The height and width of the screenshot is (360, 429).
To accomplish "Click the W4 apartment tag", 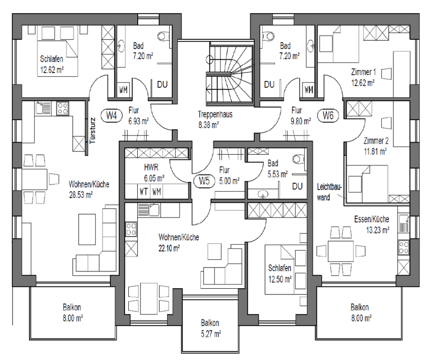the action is (x=111, y=115).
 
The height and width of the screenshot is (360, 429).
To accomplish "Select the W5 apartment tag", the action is (x=204, y=180).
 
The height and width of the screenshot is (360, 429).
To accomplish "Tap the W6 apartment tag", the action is (x=328, y=115).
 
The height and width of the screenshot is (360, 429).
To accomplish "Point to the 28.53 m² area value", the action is (x=81, y=195).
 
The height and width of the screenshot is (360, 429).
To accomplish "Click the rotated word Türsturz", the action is (x=93, y=131).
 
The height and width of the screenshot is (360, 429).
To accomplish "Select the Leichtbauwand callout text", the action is (x=329, y=192).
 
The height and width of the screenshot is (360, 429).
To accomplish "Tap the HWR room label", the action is (x=151, y=167).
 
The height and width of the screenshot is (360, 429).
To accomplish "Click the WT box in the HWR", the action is (x=144, y=191).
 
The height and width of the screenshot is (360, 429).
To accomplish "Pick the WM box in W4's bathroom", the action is (x=123, y=90).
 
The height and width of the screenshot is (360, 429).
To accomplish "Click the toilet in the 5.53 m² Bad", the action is (x=298, y=159).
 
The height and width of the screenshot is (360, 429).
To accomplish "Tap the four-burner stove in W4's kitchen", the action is (x=63, y=108).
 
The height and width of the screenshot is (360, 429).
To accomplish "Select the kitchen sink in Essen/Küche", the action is (x=404, y=224).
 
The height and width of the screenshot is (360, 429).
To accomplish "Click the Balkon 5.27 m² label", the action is (x=210, y=329).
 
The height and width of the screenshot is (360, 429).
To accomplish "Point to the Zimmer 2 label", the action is (x=376, y=141).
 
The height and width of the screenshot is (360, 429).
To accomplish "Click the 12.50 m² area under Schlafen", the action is (x=280, y=279).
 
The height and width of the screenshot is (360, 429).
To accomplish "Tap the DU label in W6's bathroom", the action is (x=269, y=84).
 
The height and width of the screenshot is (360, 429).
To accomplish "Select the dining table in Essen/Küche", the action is (x=340, y=251).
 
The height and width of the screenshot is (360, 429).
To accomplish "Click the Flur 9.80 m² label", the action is (x=301, y=115).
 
